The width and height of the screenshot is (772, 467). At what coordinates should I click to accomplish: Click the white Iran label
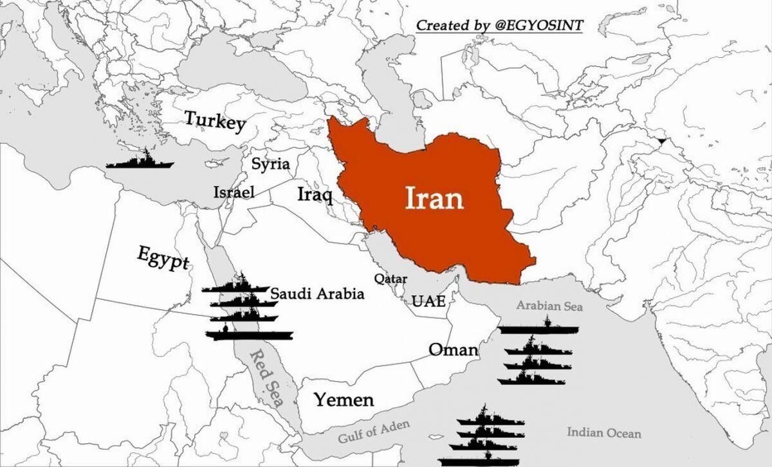pos(434,198)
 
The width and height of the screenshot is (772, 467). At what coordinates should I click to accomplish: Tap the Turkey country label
pos(215,120)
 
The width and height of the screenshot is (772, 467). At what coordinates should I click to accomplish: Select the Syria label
pos(270,164)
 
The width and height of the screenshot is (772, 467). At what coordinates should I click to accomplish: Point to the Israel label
pos(234,191)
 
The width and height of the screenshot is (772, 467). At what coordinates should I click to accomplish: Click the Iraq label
pos(315,194)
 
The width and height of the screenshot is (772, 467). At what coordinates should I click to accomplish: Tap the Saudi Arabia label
pos(317,294)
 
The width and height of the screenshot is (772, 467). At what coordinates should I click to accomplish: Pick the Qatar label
pos(391,279)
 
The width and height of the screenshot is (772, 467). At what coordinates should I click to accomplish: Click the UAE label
pos(428,301)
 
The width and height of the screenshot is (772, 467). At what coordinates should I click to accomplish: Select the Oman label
pos(454,350)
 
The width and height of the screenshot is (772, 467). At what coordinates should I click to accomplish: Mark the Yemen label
pos(344,400)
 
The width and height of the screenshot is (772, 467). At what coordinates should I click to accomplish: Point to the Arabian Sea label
pos(550,306)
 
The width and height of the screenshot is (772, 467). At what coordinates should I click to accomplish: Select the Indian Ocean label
pos(603,432)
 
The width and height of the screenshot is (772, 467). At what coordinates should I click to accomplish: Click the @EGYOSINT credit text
pos(499,25)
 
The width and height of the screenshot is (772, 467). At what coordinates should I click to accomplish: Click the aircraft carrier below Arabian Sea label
pos(538,328)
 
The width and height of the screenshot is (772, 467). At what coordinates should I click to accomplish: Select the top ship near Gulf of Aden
pos(490,417)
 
